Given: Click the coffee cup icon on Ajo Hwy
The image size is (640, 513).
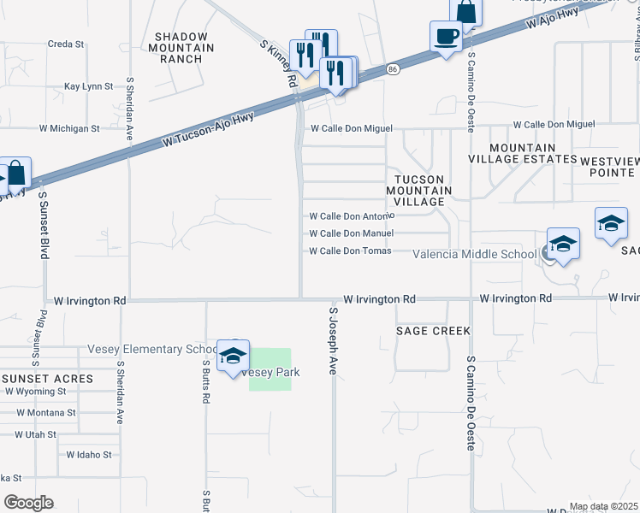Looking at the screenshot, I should [x=446, y=37].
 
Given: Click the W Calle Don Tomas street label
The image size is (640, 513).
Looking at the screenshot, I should [x=349, y=251].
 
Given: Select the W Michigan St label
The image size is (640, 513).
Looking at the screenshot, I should [x=69, y=128].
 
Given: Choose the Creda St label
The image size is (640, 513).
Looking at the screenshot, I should [x=66, y=44].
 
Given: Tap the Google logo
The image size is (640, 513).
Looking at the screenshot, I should [x=28, y=503].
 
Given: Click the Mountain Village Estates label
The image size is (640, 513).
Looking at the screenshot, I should [x=523, y=153].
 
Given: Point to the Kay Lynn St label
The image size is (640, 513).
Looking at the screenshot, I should [x=89, y=87].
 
